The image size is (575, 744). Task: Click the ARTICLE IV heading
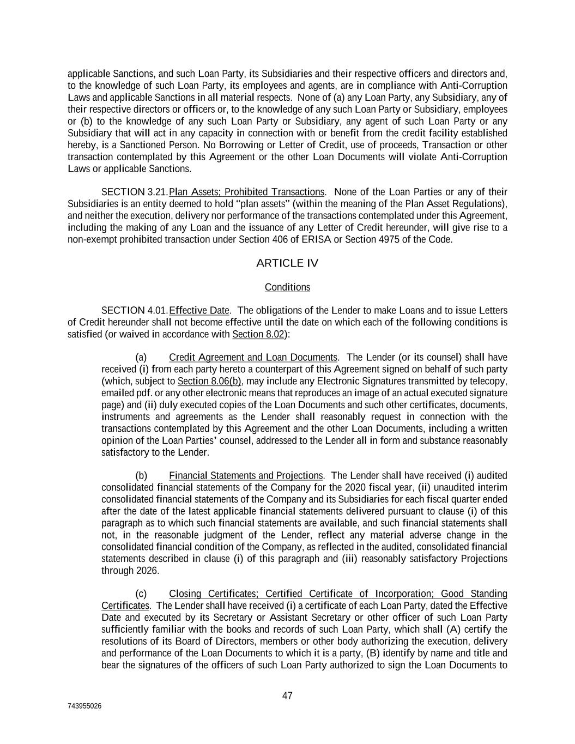click(x=287, y=264)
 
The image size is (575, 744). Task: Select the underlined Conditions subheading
click(x=287, y=287)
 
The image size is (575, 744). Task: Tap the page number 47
click(x=287, y=695)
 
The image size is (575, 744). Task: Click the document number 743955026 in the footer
click(x=84, y=706)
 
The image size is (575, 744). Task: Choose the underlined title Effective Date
click(x=199, y=311)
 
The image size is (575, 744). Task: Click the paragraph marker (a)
click(x=141, y=358)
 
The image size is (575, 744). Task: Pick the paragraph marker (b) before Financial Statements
click(x=141, y=476)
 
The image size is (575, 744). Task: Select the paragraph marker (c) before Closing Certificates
click(x=141, y=594)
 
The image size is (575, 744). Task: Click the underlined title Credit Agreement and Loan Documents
click(x=253, y=358)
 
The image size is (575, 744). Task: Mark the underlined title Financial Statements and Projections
click(x=246, y=476)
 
